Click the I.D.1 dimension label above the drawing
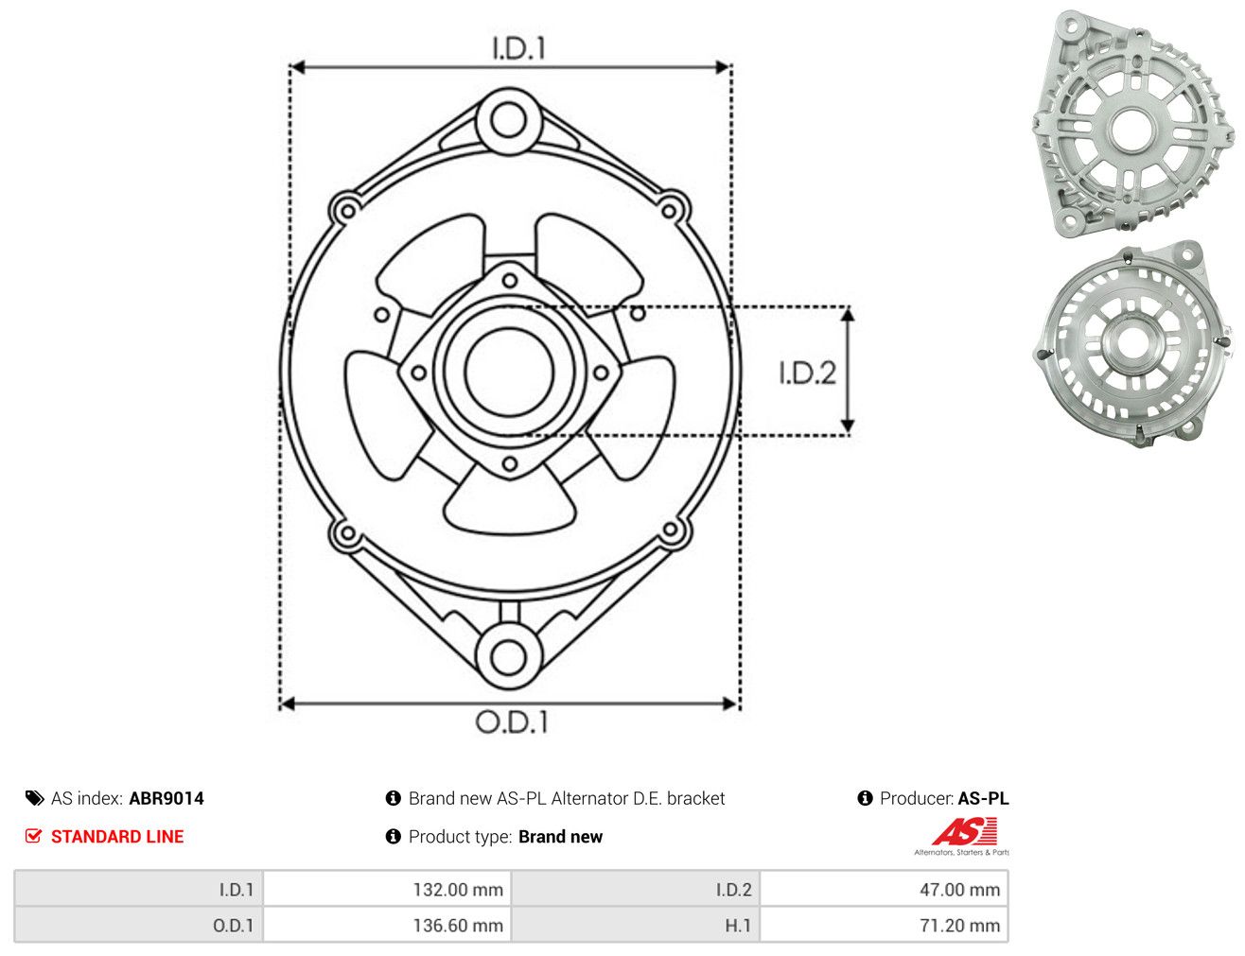518,48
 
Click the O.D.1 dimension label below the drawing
512,721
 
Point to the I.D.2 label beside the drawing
807,373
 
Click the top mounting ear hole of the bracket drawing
509,121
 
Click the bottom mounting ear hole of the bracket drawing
509,657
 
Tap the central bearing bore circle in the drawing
509,373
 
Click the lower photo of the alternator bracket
1131,344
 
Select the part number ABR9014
167,799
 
